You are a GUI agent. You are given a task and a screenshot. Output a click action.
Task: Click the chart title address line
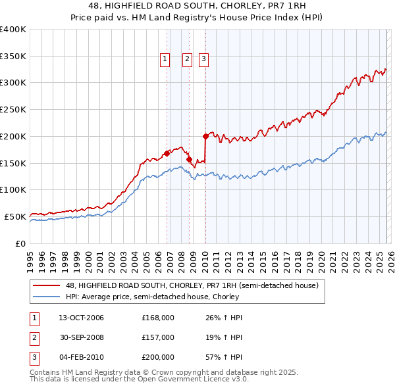(197, 5)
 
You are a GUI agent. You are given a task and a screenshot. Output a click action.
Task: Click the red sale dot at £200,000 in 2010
(205, 137)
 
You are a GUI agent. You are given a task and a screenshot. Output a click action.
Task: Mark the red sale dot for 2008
(190, 159)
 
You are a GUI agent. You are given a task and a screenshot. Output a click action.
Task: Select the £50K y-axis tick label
(15, 216)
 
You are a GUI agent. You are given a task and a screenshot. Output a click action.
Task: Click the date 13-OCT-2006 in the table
(81, 318)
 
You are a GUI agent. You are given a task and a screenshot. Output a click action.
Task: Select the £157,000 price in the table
(157, 337)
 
